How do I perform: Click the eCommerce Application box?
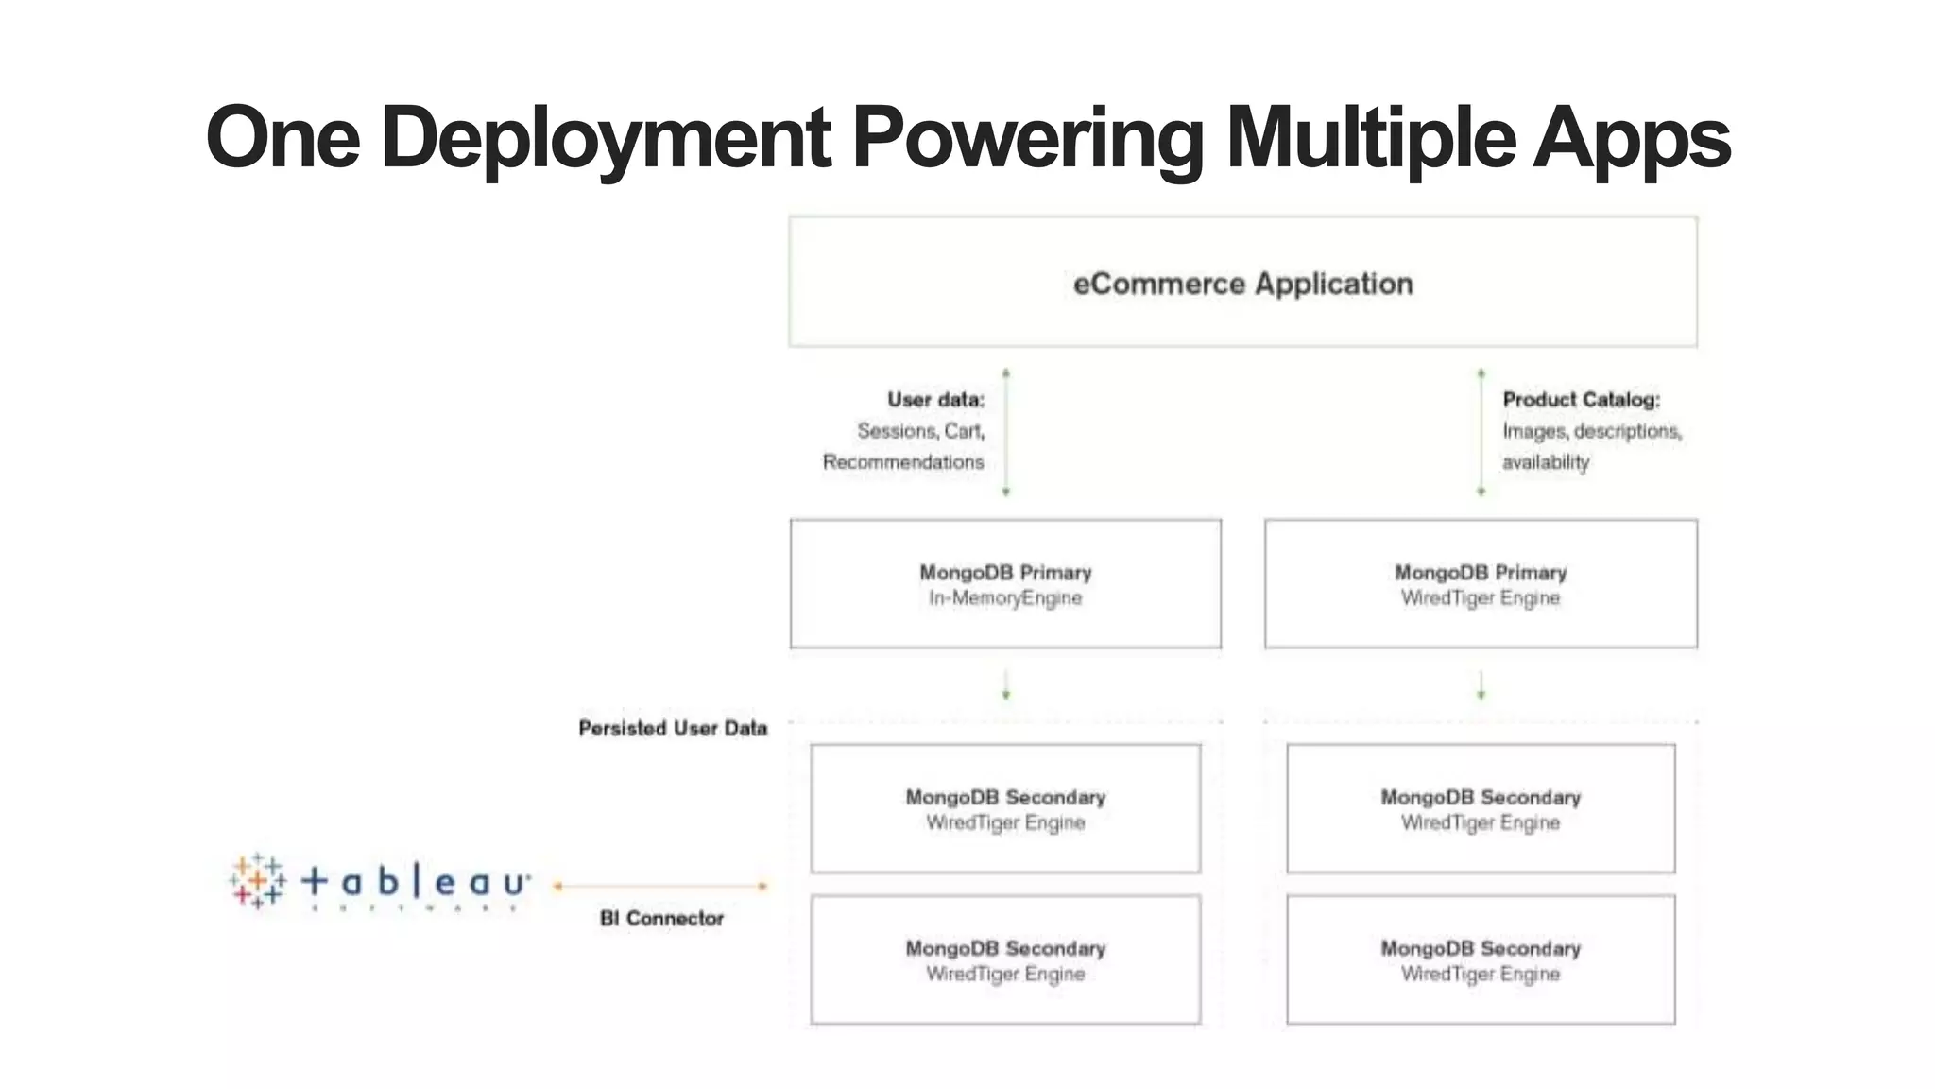coord(1242,282)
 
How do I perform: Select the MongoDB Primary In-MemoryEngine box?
coord(1005,584)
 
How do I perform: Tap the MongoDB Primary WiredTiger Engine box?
coord(1481,584)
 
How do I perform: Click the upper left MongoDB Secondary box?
coord(1005,809)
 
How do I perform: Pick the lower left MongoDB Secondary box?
coord(1005,959)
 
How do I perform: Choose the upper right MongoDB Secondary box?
coord(1481,809)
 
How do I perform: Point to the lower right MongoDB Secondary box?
coord(1481,959)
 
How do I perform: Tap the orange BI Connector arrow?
coord(661,886)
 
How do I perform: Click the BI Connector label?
coord(661,918)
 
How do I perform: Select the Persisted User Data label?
coord(673,728)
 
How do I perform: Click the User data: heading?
coord(935,400)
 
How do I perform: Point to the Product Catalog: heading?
coord(1581,400)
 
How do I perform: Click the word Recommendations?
coord(902,462)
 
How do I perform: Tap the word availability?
coord(1546,462)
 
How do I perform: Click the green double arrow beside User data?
coord(1005,432)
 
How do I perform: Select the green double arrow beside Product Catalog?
coord(1481,432)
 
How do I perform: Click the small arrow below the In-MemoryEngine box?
coord(1005,685)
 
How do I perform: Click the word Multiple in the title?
coord(1370,138)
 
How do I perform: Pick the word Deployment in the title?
coord(606,138)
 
